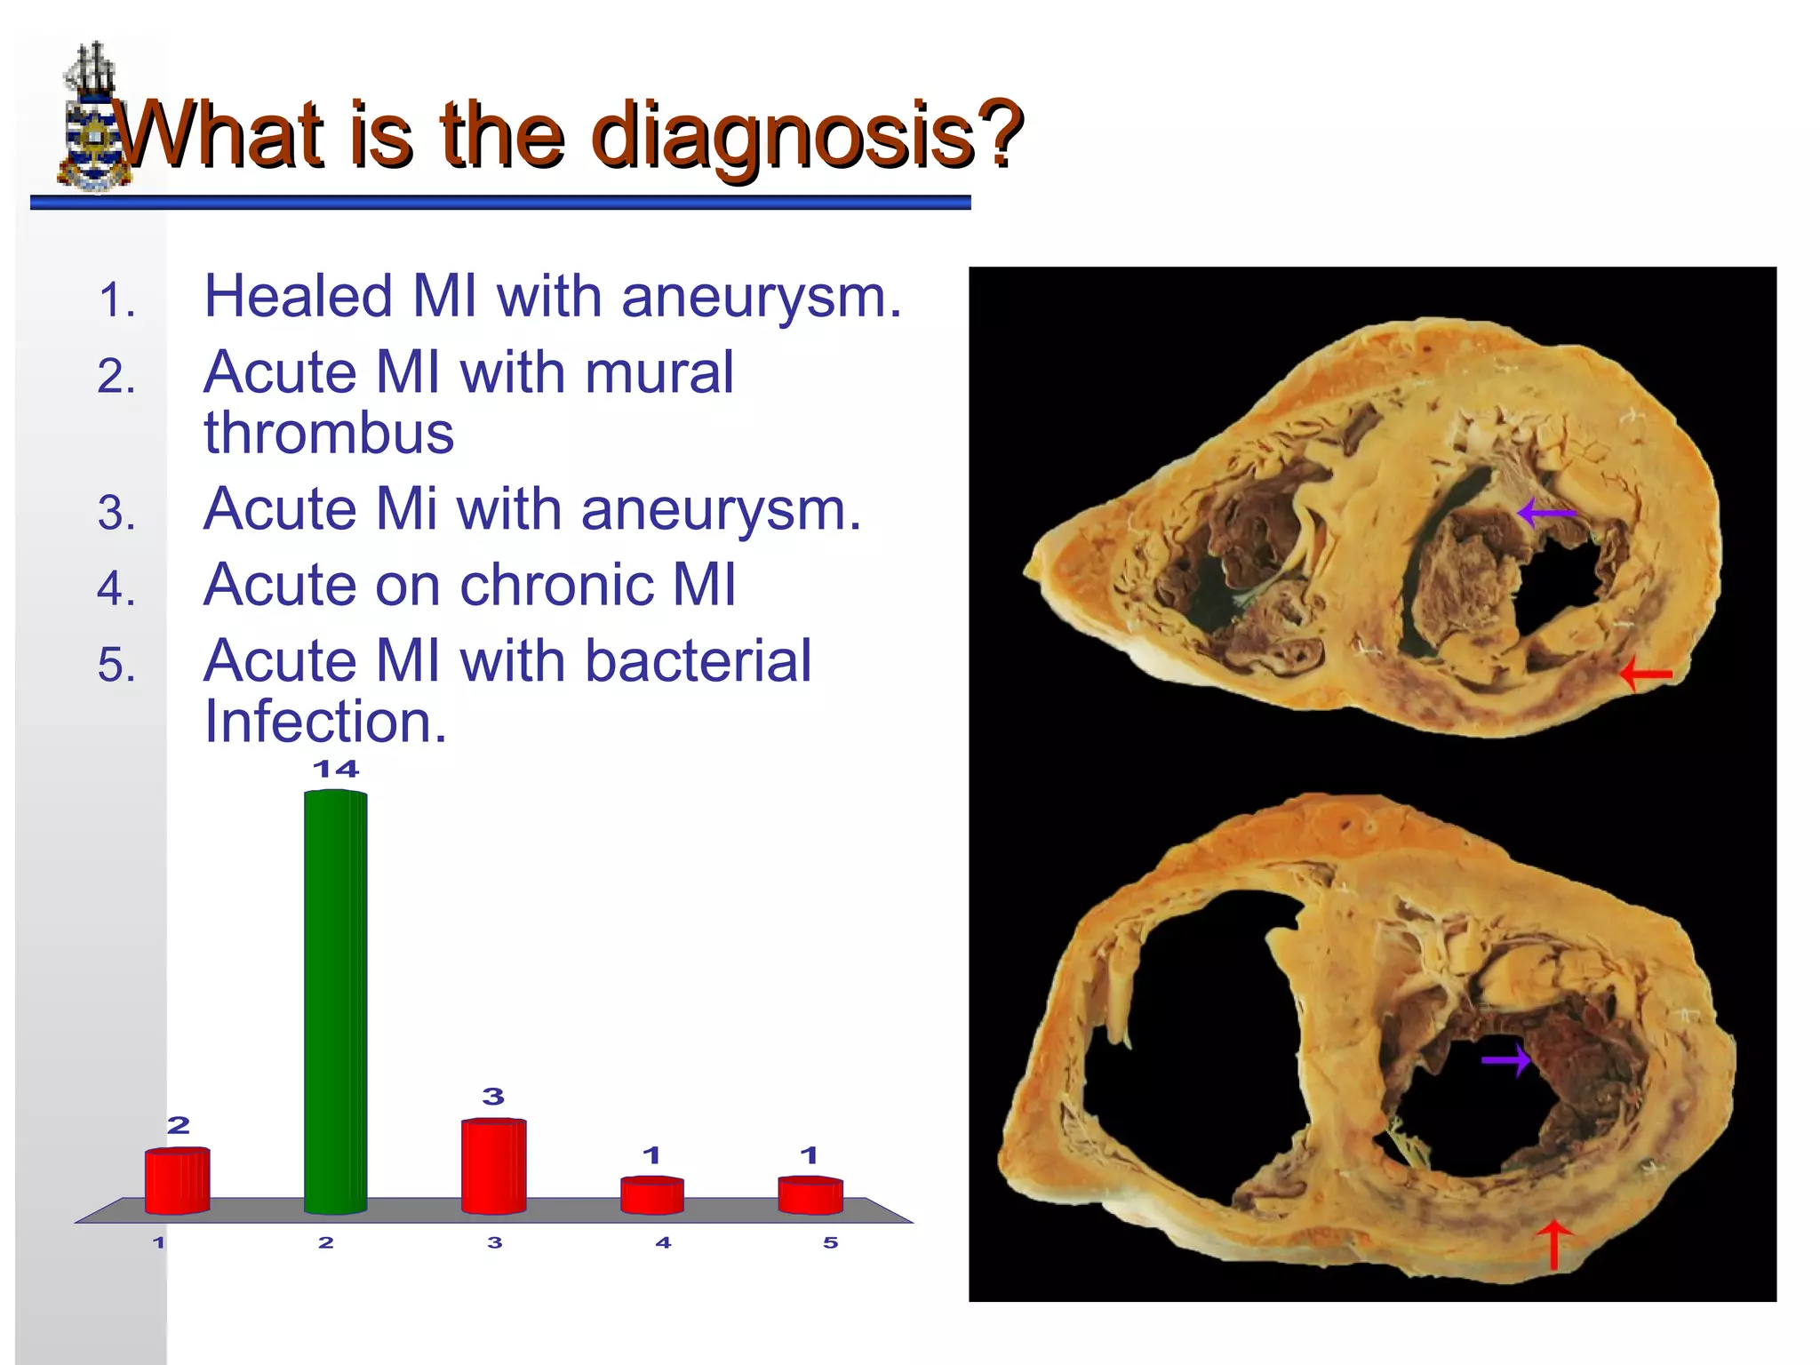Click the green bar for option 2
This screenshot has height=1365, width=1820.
(335, 1002)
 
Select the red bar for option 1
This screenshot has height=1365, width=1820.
(178, 1181)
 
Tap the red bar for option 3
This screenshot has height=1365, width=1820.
(493, 1166)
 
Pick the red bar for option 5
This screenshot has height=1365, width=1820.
(810, 1195)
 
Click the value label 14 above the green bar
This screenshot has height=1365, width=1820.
(336, 770)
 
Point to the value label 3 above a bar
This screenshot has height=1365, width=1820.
(493, 1097)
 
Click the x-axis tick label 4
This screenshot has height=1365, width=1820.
(663, 1242)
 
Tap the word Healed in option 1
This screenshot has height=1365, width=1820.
(298, 296)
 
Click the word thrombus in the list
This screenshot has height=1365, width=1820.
(329, 434)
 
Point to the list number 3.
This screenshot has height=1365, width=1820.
(116, 514)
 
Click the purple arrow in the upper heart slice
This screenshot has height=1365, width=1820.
(1546, 513)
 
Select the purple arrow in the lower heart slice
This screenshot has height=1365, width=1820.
(1506, 1059)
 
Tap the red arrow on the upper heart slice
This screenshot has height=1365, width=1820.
(1646, 675)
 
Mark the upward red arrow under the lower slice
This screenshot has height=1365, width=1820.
(1554, 1244)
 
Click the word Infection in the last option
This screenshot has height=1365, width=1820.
(324, 722)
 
